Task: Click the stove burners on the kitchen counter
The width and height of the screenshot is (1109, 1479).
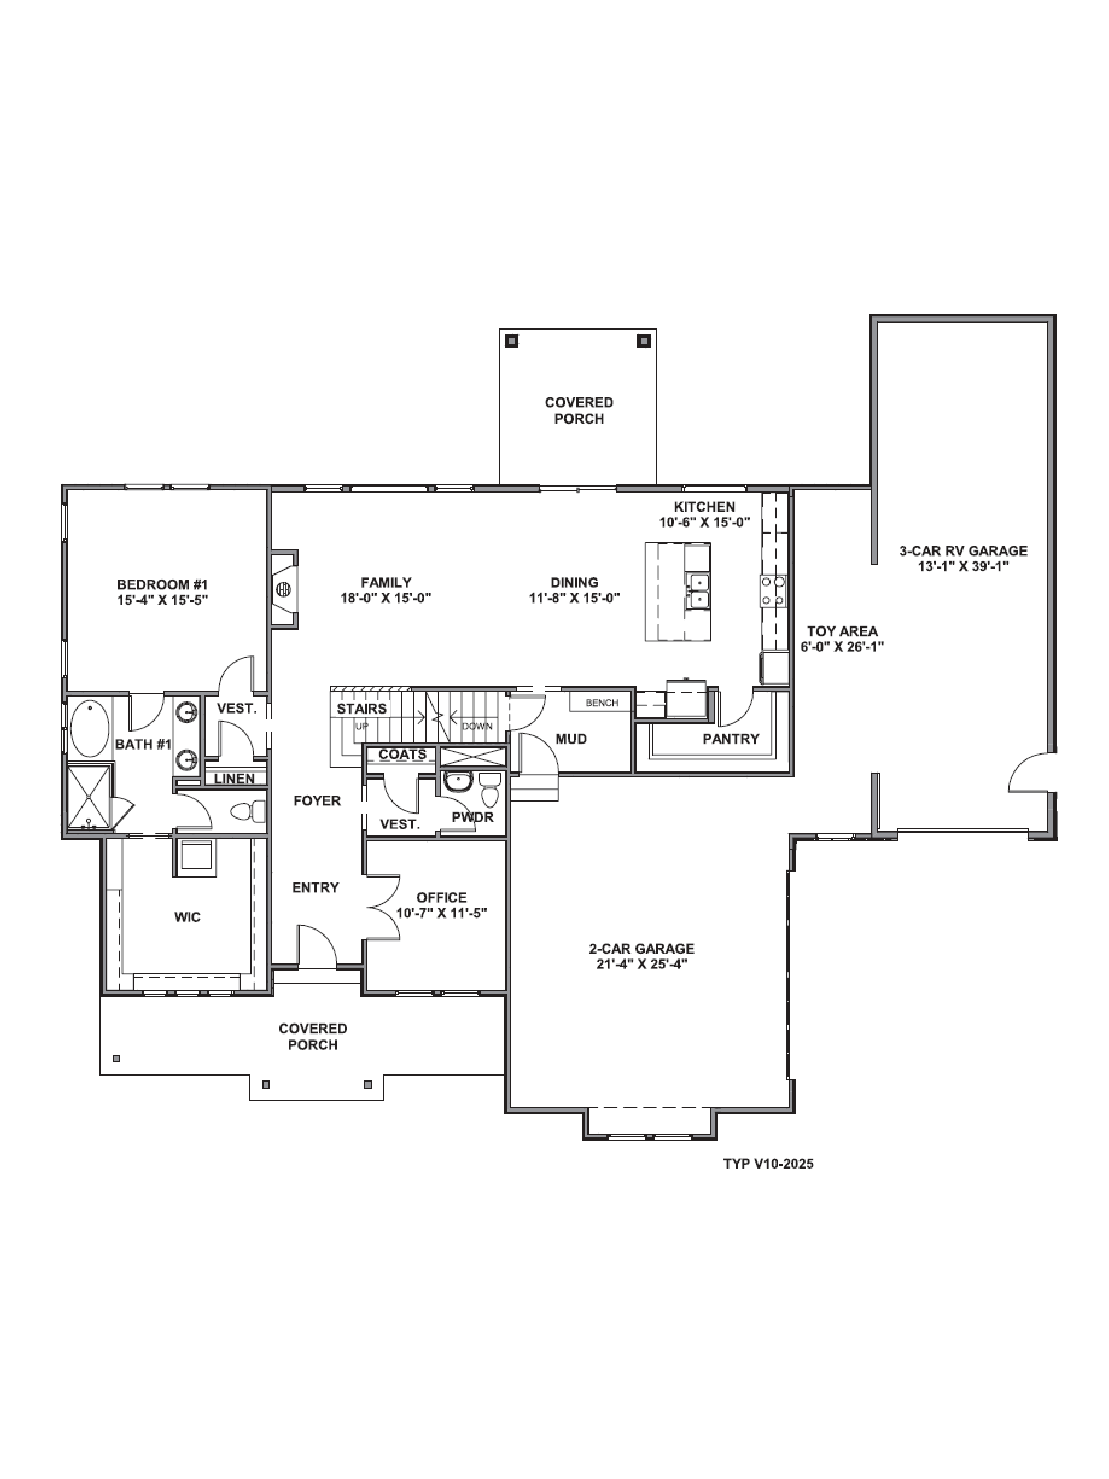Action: pos(773,591)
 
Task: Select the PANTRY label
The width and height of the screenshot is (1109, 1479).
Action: pos(731,739)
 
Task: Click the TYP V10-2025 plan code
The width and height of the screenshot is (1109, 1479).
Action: pos(768,1163)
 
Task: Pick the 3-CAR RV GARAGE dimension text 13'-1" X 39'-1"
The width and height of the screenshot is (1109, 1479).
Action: pos(963,566)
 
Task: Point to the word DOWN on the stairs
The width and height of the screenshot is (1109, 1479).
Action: pos(477,726)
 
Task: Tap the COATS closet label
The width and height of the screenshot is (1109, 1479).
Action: pos(402,754)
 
